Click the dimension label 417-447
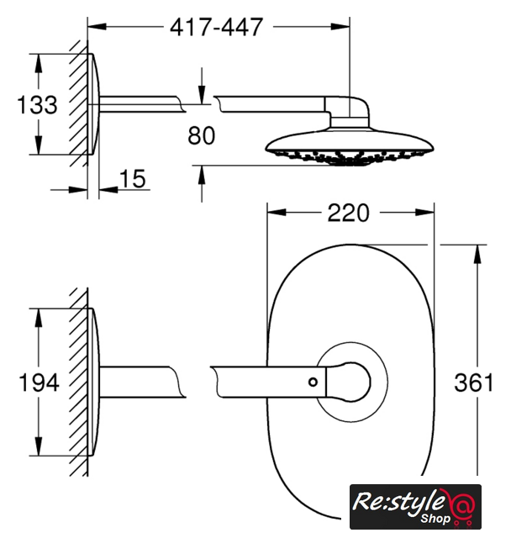pyautogui.click(x=216, y=27)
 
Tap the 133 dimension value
pyautogui.click(x=37, y=104)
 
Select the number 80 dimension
pyautogui.click(x=202, y=135)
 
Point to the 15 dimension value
pyautogui.click(x=133, y=179)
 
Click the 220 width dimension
pyautogui.click(x=349, y=213)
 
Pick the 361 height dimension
pyautogui.click(x=474, y=382)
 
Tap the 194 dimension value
pyautogui.click(x=39, y=382)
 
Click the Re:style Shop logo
pyautogui.click(x=415, y=507)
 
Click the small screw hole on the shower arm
pyautogui.click(x=313, y=382)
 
